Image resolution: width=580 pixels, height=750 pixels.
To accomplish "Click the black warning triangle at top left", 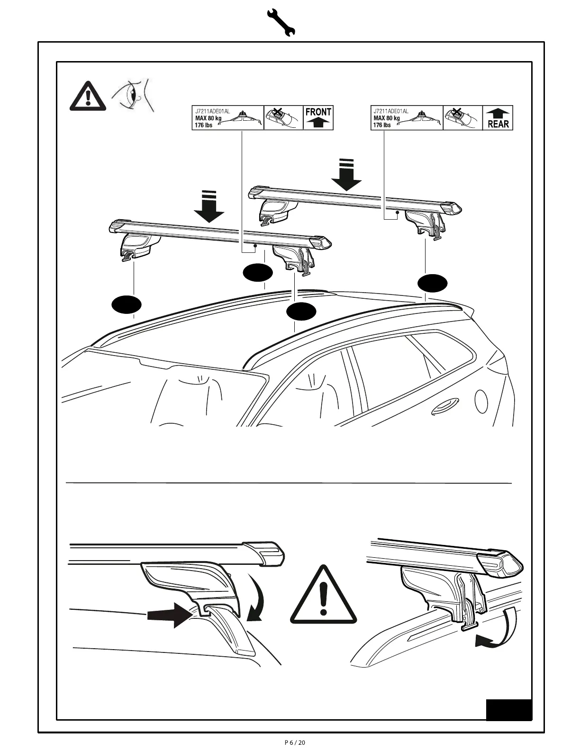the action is (x=88, y=96).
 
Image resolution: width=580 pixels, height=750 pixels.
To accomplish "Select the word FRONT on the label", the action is (x=318, y=112).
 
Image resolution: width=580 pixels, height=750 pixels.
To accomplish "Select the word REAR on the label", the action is (x=498, y=124).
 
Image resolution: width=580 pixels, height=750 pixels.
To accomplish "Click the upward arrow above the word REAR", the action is (x=498, y=113).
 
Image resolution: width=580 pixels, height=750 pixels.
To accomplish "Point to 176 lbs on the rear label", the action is (x=382, y=125).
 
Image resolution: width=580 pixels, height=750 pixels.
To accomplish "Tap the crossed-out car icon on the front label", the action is (x=283, y=117).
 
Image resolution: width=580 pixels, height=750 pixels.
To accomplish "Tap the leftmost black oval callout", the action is (x=127, y=304).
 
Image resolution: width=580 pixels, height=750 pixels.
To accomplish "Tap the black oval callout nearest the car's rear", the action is (x=432, y=283).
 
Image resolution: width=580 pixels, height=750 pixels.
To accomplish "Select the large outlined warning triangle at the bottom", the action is (x=323, y=598).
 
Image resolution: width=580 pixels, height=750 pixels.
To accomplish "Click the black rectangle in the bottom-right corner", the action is (x=508, y=710).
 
